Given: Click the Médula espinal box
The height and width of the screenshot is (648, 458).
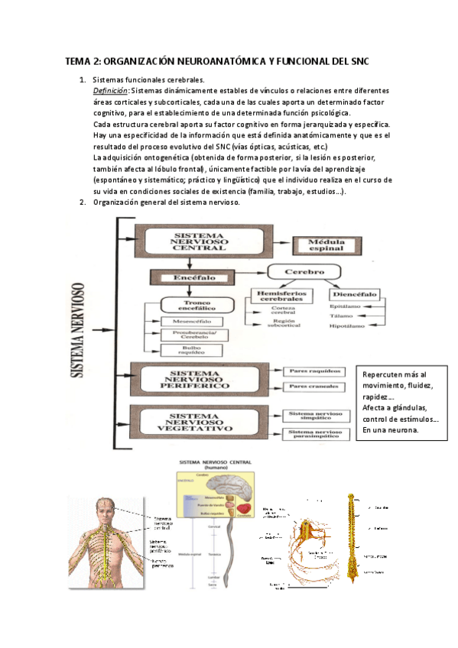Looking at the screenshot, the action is pyautogui.click(x=326, y=245).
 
